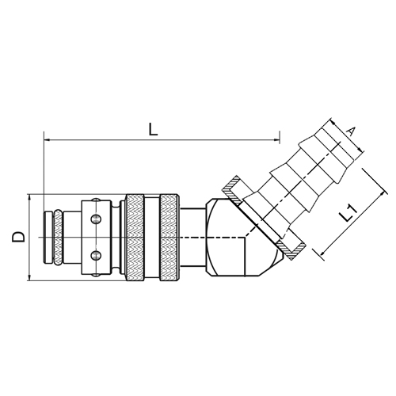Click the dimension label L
(153, 129)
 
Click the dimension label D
(18, 237)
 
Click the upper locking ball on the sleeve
(96, 219)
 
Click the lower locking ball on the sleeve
(96, 255)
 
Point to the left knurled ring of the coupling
(135, 238)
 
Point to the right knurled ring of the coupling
(169, 238)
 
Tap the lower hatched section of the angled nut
(291, 249)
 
